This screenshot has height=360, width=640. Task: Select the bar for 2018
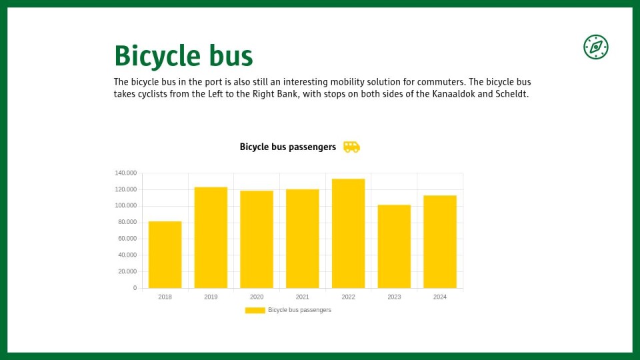(165, 255)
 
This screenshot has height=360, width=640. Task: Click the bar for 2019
(211, 237)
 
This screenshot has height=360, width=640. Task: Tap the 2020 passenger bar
(256, 239)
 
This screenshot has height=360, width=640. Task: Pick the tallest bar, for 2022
(348, 233)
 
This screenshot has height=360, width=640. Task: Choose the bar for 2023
(394, 247)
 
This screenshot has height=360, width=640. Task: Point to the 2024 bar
(439, 241)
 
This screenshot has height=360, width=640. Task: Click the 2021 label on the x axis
(303, 297)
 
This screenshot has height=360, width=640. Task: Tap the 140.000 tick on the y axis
(126, 173)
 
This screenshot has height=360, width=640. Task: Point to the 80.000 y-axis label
(127, 222)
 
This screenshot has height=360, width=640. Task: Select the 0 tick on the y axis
(135, 288)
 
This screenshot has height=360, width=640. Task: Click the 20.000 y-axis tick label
(127, 271)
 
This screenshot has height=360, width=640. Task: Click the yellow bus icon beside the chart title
(351, 147)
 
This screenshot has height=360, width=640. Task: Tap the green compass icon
(596, 47)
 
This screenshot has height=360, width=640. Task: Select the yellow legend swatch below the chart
(255, 310)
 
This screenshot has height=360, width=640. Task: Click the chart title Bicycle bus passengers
(288, 147)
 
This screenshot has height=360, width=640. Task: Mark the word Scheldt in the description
(512, 94)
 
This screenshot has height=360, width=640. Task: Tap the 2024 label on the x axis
(440, 297)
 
